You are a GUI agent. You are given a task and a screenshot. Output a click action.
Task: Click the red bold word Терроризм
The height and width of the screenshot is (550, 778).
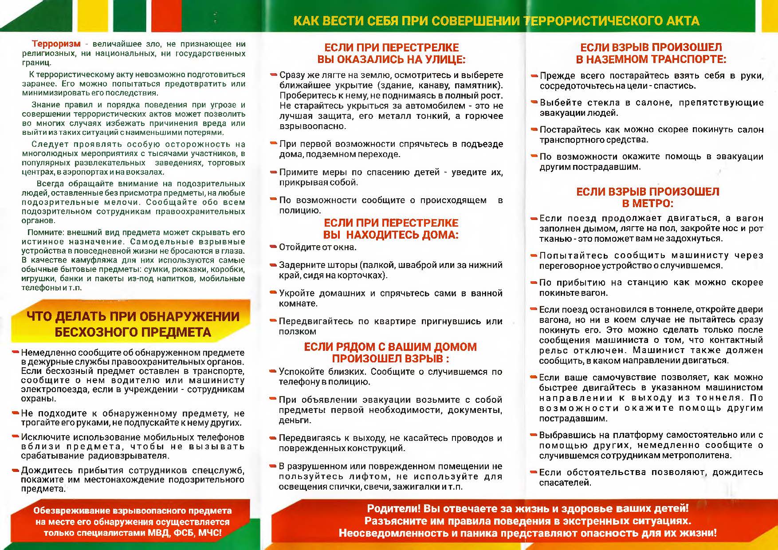click(56, 44)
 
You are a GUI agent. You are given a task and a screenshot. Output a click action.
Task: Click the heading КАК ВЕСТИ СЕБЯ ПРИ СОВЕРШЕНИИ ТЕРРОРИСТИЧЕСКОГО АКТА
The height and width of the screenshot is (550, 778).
click(496, 21)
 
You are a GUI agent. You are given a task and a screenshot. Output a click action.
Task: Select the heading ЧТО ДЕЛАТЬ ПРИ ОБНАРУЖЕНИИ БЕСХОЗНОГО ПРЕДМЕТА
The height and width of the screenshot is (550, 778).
click(133, 324)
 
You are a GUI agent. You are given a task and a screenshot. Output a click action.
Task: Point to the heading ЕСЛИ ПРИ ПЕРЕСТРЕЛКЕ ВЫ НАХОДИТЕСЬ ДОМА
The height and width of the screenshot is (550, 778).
click(390, 229)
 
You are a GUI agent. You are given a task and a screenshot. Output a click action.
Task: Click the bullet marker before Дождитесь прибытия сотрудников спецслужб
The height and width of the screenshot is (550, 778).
click(16, 470)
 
